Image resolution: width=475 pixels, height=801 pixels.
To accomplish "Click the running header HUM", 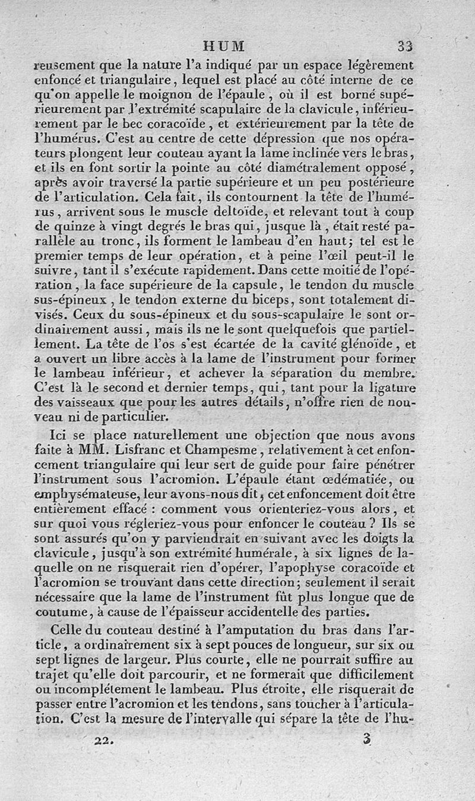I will (224, 46).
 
